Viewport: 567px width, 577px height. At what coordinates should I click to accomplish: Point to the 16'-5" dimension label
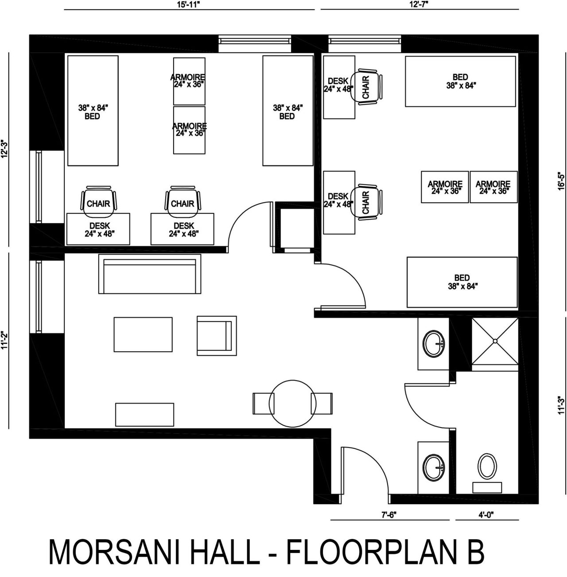pyautogui.click(x=561, y=182)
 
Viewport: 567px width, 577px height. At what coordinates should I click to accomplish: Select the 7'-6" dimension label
pyautogui.click(x=389, y=515)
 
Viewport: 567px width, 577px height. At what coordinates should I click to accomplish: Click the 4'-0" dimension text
pyautogui.click(x=486, y=515)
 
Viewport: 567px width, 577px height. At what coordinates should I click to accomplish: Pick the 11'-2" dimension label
pyautogui.click(x=4, y=340)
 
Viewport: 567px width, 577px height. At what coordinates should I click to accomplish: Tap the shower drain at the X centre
pyautogui.click(x=495, y=341)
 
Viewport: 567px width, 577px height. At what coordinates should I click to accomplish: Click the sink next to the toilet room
pyautogui.click(x=434, y=468)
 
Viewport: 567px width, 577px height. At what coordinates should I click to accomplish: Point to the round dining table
pyautogui.click(x=292, y=403)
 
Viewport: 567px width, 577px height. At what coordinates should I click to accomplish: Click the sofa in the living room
pyautogui.click(x=150, y=274)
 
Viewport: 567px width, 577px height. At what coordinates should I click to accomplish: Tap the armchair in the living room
pyautogui.click(x=217, y=336)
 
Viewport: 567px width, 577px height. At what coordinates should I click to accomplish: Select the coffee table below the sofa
pyautogui.click(x=143, y=334)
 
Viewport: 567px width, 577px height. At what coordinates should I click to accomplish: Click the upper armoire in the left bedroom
pyautogui.click(x=190, y=81)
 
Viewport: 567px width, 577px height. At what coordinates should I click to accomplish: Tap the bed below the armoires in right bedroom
pyautogui.click(x=462, y=282)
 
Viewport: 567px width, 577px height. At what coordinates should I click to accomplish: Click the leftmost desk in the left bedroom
pyautogui.click(x=98, y=229)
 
